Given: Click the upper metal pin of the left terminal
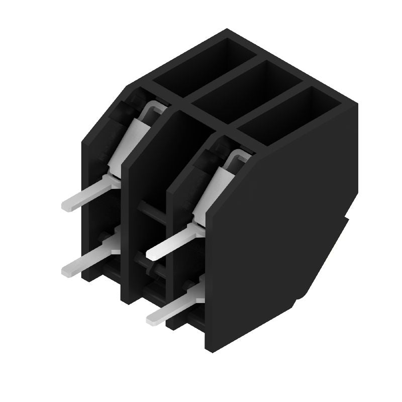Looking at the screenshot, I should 90,193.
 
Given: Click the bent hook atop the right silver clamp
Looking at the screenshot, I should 239,156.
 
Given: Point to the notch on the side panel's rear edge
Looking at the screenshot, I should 347,221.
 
